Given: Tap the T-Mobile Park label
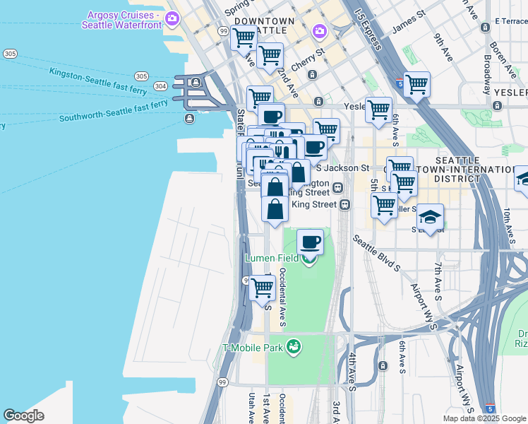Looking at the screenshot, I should tap(252, 347).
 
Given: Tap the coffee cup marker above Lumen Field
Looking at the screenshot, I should tap(310, 242).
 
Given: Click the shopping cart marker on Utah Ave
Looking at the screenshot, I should tap(262, 287).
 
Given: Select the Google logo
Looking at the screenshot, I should tap(23, 416).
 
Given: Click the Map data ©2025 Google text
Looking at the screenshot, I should tap(484, 418).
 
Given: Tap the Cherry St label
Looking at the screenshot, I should tap(311, 54).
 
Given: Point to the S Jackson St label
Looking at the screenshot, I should tap(342, 168).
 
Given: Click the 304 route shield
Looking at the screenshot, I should tap(160, 86).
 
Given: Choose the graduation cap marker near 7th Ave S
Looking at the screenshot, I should tap(430, 216).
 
